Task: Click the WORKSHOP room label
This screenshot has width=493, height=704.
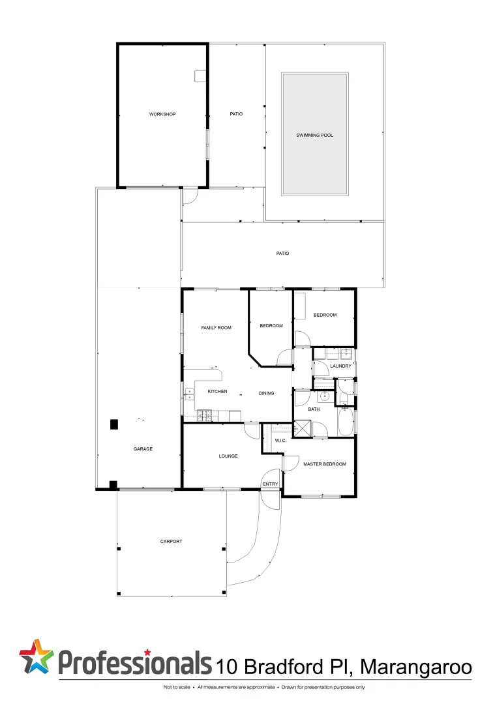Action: [162, 114]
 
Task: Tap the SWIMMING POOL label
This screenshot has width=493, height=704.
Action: [315, 135]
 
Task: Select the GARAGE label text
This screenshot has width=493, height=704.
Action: [143, 448]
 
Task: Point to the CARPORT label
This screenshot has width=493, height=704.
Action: [171, 541]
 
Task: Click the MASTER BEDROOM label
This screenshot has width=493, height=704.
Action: [324, 464]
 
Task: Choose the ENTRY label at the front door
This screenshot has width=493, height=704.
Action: [270, 484]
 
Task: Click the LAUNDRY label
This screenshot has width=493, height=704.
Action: [340, 366]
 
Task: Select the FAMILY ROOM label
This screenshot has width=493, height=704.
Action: [216, 328]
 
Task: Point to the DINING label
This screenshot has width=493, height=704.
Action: [266, 393]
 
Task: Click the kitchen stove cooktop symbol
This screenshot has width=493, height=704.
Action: [205, 414]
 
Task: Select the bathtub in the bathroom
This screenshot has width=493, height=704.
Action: [346, 422]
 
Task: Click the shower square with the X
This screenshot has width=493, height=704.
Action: [303, 429]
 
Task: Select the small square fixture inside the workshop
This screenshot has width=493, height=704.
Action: [200, 76]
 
